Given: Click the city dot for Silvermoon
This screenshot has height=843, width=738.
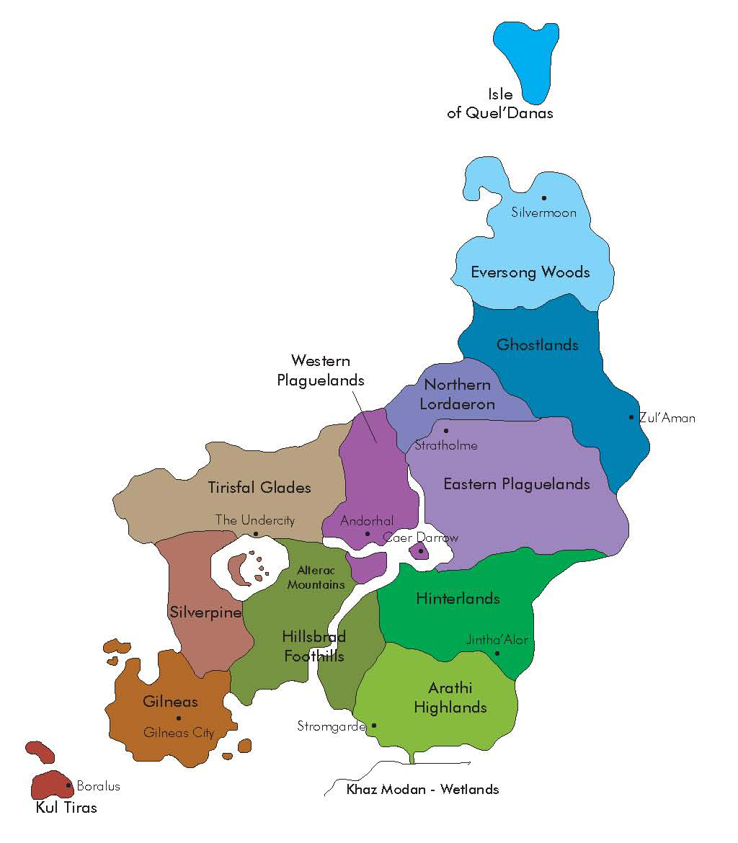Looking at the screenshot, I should [544, 198].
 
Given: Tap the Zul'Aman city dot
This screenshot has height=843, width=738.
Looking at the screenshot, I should [631, 417].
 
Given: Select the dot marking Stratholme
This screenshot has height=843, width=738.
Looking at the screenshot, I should [446, 431].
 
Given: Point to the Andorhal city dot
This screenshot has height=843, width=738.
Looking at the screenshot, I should [368, 534].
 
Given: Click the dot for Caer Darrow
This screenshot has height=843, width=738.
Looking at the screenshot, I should [421, 551].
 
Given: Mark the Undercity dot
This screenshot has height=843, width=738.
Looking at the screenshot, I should [255, 534].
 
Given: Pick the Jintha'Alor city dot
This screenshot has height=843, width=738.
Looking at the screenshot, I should [497, 654].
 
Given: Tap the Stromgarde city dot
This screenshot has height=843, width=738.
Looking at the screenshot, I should [373, 726].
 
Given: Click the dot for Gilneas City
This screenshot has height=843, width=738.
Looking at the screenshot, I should [179, 718].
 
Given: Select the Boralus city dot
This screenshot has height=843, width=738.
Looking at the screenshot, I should [69, 785].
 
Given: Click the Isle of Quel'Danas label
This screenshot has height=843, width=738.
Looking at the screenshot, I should [500, 103].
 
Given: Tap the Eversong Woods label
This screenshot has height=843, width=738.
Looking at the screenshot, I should [530, 272].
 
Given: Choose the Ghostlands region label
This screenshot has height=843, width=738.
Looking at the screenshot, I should [538, 344].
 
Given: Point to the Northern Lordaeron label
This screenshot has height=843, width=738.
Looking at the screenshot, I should [457, 394].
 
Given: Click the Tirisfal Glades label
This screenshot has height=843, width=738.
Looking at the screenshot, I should [259, 488].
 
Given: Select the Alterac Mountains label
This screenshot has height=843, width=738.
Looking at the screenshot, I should [316, 577].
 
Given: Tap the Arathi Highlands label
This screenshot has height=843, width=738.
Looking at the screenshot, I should [450, 697].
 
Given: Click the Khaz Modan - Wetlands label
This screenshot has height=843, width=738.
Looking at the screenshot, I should [422, 789].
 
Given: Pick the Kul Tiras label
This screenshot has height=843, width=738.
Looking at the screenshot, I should [66, 808].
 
